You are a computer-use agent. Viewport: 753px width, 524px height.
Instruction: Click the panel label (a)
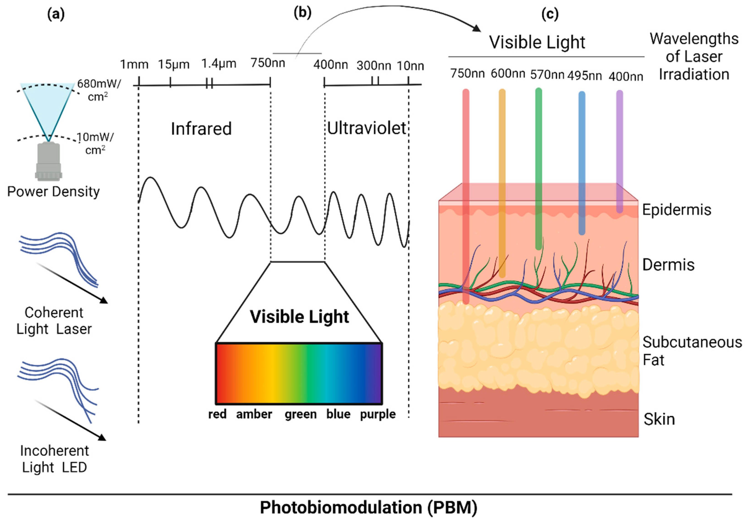[x=56, y=14]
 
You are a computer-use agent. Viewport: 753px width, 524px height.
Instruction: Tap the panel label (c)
[x=550, y=14]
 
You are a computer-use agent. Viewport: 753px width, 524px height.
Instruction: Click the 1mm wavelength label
[x=134, y=64]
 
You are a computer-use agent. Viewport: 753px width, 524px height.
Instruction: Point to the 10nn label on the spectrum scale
[x=410, y=66]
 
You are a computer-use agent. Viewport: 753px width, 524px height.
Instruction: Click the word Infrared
[x=201, y=129]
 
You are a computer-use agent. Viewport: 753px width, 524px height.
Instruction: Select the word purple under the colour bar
[x=378, y=414]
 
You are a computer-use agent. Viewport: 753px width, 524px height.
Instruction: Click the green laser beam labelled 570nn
[x=538, y=164]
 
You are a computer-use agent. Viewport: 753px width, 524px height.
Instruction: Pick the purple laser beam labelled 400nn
[x=620, y=148]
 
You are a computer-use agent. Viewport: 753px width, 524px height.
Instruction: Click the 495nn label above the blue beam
[x=584, y=76]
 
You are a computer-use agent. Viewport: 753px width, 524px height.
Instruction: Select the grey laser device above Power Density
[x=49, y=161]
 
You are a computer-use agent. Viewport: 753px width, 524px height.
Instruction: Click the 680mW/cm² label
[x=98, y=90]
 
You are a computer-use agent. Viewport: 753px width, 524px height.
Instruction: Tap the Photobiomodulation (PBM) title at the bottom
[x=369, y=507]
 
